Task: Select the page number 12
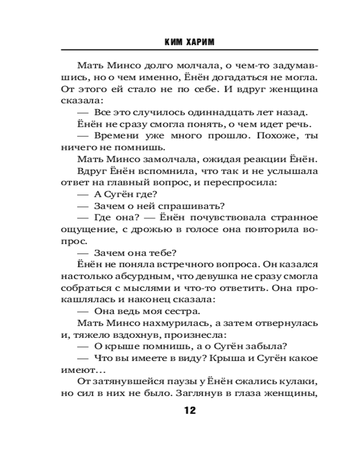(189, 410)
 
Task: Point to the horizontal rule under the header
(189, 49)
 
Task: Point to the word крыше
(121, 346)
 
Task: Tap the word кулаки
(298, 381)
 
